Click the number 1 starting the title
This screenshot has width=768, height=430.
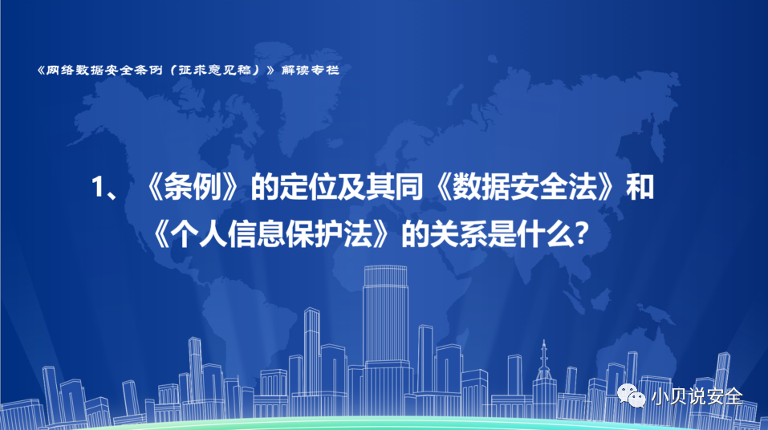pyautogui.click(x=99, y=187)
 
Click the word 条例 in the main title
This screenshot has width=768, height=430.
pyautogui.click(x=193, y=187)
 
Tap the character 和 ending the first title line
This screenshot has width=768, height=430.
pyautogui.click(x=640, y=187)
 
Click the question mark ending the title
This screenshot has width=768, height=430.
pyautogui.click(x=581, y=235)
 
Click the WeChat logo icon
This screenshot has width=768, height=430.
pyautogui.click(x=632, y=396)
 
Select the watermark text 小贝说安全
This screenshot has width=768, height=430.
pyautogui.click(x=697, y=396)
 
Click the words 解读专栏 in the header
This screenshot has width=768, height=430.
pyautogui.click(x=311, y=70)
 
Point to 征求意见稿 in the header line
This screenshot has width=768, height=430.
pyautogui.click(x=221, y=70)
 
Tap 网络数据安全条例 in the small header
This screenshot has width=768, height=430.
pyautogui.click(x=104, y=70)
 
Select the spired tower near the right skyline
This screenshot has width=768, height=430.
pyautogui.click(x=543, y=372)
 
